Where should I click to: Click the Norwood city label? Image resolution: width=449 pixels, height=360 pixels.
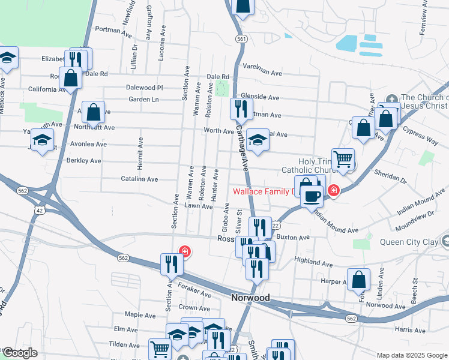coord(250,298)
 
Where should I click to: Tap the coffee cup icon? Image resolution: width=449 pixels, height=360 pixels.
coord(311,196)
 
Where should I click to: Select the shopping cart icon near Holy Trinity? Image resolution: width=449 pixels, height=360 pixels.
coord(343,160)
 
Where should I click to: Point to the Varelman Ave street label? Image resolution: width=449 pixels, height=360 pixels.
coord(262,71)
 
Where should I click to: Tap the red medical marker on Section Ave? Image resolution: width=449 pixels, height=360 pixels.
coord(185,251)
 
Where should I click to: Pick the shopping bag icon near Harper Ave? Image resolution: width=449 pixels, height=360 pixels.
coord(358,280)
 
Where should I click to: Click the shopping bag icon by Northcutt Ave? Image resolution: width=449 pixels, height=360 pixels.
coord(94,112)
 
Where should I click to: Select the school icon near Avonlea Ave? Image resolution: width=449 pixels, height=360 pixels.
coord(42,140)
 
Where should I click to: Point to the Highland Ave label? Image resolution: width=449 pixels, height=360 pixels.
coord(313,262)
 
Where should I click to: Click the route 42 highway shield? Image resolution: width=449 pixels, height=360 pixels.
coord(39,210)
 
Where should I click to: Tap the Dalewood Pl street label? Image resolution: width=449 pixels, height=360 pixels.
coord(145,88)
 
